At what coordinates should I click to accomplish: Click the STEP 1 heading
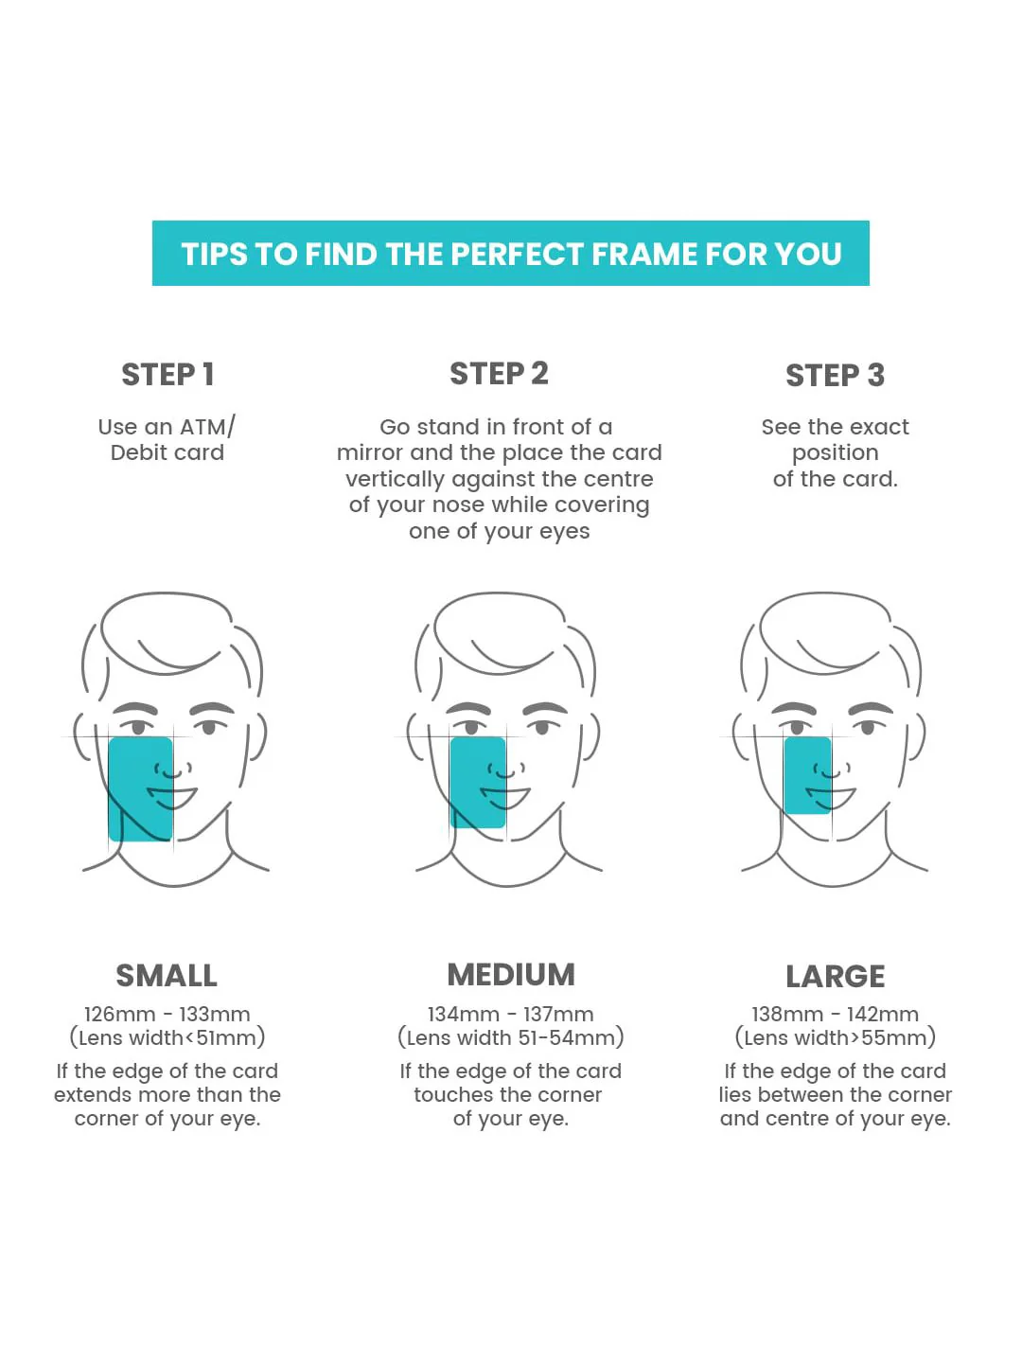[x=167, y=375]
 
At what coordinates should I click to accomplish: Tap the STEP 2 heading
[x=499, y=373]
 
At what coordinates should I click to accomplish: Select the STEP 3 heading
[x=835, y=375]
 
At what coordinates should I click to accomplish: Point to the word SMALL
[x=167, y=976]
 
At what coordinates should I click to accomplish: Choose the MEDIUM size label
[x=511, y=975]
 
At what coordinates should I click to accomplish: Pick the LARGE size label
[x=836, y=976]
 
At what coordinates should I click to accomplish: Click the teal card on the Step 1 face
[x=140, y=788]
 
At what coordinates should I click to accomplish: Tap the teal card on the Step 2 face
[x=478, y=783]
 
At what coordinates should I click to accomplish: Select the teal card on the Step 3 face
[x=807, y=775]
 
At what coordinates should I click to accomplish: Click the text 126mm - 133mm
[x=167, y=1014]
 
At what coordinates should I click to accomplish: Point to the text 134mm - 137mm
[x=510, y=1014]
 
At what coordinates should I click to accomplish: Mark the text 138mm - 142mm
[x=835, y=1014]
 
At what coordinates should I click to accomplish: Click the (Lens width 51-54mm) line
[x=510, y=1037]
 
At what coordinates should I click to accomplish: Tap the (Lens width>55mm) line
[x=835, y=1037]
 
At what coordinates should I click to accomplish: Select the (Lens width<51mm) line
[x=167, y=1037]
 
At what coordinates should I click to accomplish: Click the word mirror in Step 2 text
[x=370, y=452]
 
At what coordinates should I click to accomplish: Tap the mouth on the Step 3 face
[x=831, y=797]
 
